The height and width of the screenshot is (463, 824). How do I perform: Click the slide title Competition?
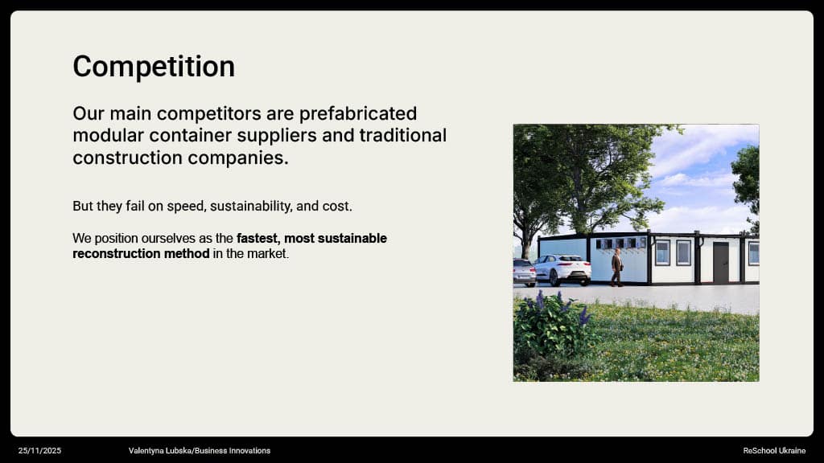tap(154, 67)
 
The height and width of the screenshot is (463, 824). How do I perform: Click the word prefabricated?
tap(358, 113)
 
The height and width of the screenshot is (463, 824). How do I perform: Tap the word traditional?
tap(403, 135)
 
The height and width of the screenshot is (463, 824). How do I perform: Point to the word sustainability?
tap(251, 207)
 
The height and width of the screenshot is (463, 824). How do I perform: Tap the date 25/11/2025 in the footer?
tap(40, 450)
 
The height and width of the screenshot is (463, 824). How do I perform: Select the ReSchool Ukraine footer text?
tap(774, 450)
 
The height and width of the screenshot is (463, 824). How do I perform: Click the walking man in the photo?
tap(617, 267)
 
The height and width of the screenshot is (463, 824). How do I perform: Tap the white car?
tap(562, 270)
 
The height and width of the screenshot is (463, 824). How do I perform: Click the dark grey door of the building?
tap(721, 262)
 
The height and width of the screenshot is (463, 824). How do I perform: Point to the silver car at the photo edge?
tap(525, 272)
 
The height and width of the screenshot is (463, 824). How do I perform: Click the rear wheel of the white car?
tap(554, 277)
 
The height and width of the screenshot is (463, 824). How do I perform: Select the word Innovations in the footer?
tap(249, 450)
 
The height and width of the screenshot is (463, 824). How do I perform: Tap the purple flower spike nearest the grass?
tap(583, 315)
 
